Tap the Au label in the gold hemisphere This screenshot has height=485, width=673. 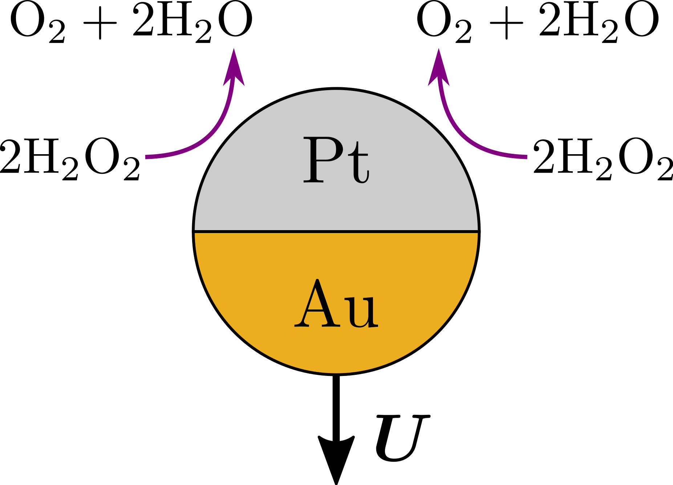[336, 304]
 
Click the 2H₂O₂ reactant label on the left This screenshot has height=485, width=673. [70, 159]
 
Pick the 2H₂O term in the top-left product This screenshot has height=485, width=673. [192, 23]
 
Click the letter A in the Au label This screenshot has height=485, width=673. [315, 304]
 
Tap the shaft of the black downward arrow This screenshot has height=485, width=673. [336, 404]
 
